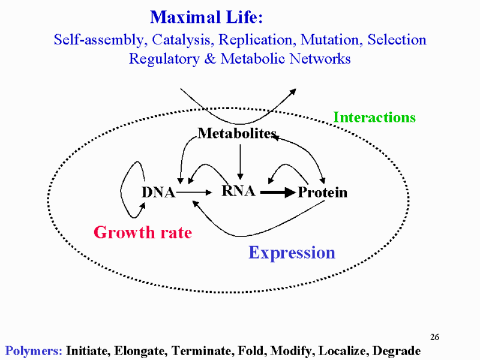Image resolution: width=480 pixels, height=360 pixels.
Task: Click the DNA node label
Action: click(158, 193)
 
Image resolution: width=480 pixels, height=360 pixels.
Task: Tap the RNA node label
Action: click(238, 191)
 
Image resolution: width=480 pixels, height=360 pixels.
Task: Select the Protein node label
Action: click(323, 193)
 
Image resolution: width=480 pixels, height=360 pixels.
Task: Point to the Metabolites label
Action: click(237, 133)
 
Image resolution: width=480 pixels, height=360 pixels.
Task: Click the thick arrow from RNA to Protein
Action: click(278, 193)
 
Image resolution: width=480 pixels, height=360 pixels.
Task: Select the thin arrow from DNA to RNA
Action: click(194, 193)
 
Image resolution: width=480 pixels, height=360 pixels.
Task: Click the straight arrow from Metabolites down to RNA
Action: click(241, 162)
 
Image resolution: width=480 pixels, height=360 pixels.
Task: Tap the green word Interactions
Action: click(374, 117)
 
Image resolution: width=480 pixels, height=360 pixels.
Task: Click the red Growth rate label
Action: click(143, 232)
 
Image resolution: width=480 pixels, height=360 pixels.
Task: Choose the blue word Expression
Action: click(292, 253)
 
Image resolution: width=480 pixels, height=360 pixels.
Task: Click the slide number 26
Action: click(434, 337)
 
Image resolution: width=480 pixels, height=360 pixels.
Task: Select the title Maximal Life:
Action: click(206, 17)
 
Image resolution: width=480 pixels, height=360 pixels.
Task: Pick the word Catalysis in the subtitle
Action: click(181, 40)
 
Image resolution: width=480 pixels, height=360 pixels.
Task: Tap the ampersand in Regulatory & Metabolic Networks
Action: click(210, 58)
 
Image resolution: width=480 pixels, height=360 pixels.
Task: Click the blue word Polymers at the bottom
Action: click(34, 351)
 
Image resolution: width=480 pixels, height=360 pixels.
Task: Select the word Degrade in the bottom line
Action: click(397, 351)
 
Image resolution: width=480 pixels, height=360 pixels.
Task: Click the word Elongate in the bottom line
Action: click(140, 351)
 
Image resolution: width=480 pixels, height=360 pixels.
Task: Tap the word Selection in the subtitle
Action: click(397, 40)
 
